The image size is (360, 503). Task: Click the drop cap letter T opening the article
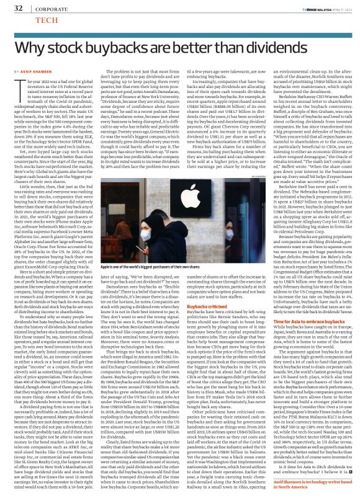[16, 86]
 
